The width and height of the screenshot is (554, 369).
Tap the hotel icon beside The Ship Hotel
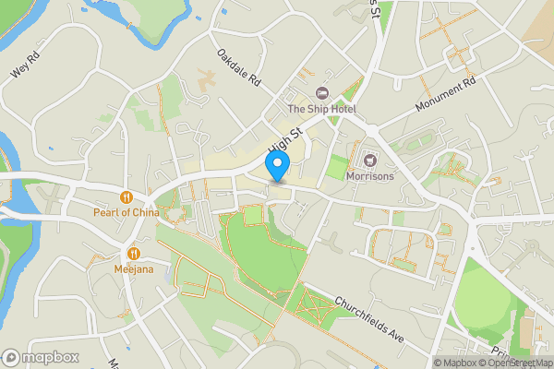click(x=322, y=93)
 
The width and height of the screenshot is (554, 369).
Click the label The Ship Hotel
click(x=321, y=110)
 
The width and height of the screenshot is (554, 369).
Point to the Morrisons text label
click(x=370, y=175)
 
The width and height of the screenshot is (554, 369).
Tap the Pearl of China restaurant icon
click(x=126, y=196)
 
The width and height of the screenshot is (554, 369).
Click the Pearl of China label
click(x=126, y=212)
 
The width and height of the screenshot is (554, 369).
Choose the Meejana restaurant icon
click(x=134, y=253)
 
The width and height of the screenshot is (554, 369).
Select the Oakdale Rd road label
click(x=239, y=67)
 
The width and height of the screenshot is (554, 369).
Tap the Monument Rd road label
click(x=444, y=94)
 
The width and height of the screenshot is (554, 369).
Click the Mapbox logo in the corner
click(x=41, y=357)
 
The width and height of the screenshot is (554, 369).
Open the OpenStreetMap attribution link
click(x=517, y=363)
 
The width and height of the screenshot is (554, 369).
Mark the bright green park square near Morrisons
click(x=336, y=168)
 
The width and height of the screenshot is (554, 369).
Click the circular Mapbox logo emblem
click(x=12, y=357)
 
